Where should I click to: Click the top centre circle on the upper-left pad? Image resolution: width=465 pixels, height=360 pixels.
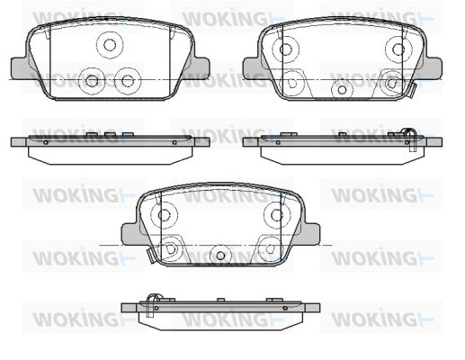pos(110,45)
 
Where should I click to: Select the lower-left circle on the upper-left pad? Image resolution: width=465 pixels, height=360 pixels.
pos(92,80)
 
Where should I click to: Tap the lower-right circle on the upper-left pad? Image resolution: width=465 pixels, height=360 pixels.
pos(128,80)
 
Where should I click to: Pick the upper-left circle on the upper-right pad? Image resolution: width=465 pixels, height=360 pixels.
pos(286,49)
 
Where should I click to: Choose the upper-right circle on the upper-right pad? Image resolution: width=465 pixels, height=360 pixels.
pos(398,49)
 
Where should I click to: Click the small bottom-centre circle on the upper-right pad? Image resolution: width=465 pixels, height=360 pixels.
pos(342,89)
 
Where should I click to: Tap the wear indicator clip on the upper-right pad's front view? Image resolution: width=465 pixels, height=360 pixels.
pos(411,91)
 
